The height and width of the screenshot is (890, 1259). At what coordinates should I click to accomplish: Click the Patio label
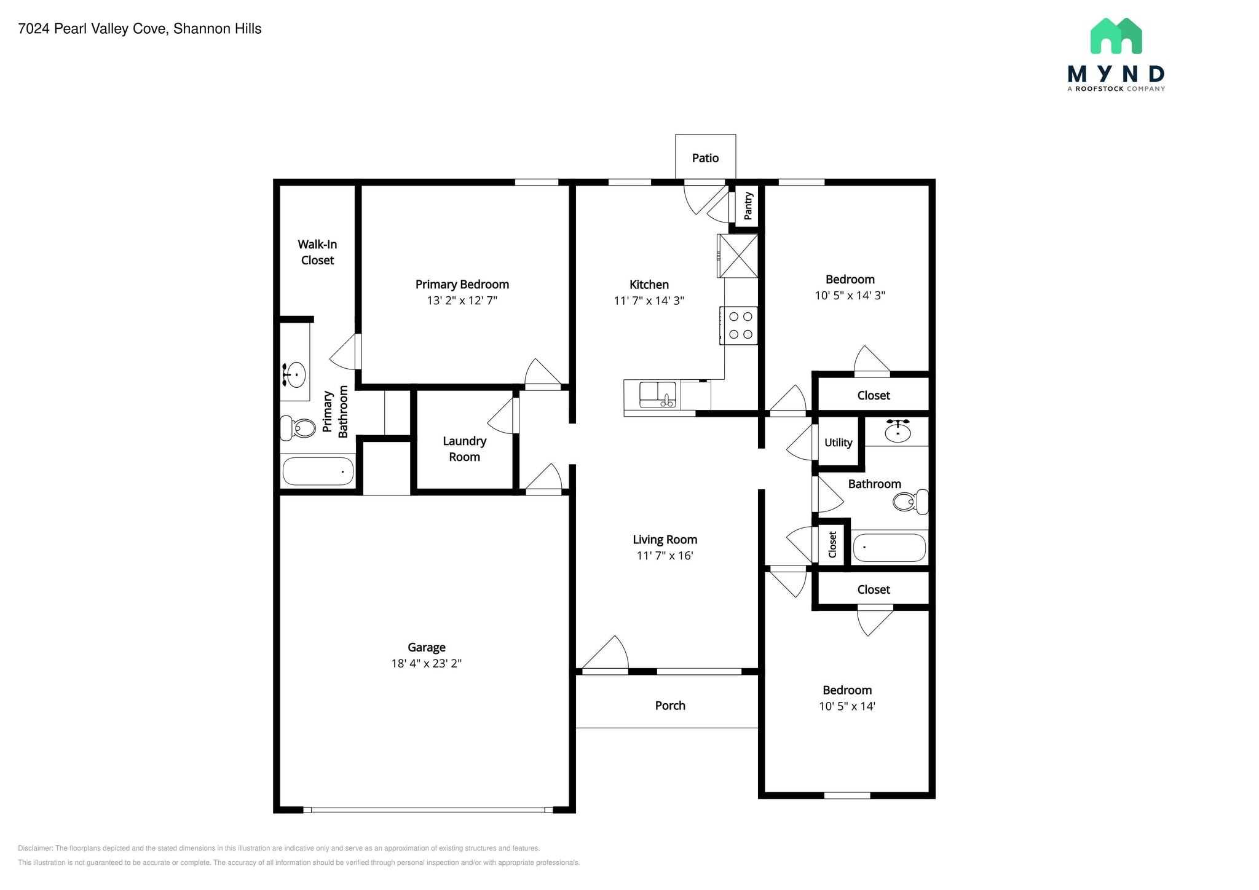point(705,158)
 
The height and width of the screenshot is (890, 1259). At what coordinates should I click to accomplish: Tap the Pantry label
point(748,206)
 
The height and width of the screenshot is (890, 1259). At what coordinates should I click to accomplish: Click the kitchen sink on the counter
point(657,395)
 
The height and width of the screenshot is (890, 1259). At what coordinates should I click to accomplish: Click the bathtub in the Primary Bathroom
point(318,471)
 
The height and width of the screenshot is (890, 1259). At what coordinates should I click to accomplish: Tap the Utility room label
point(838,443)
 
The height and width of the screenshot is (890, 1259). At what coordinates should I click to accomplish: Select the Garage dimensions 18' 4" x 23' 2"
point(426,663)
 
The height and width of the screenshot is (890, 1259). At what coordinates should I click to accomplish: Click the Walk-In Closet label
point(317,252)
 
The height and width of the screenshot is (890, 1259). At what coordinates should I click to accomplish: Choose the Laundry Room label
point(464,449)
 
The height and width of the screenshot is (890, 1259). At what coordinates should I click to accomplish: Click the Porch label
point(669,706)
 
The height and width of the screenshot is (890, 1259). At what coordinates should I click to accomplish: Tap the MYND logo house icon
point(1116,36)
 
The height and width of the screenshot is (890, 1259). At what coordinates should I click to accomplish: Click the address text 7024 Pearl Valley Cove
point(92,29)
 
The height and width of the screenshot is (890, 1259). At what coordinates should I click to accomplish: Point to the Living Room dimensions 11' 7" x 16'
point(665,556)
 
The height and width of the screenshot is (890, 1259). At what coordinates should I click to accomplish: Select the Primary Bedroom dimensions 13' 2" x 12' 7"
point(462,301)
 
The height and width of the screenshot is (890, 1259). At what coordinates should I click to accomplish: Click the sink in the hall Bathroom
point(898,432)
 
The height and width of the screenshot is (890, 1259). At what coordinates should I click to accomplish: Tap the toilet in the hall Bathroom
point(910,502)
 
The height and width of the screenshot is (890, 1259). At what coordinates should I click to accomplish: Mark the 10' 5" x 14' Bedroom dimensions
point(847,706)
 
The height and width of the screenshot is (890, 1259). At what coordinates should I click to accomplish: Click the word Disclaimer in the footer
point(35,848)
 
